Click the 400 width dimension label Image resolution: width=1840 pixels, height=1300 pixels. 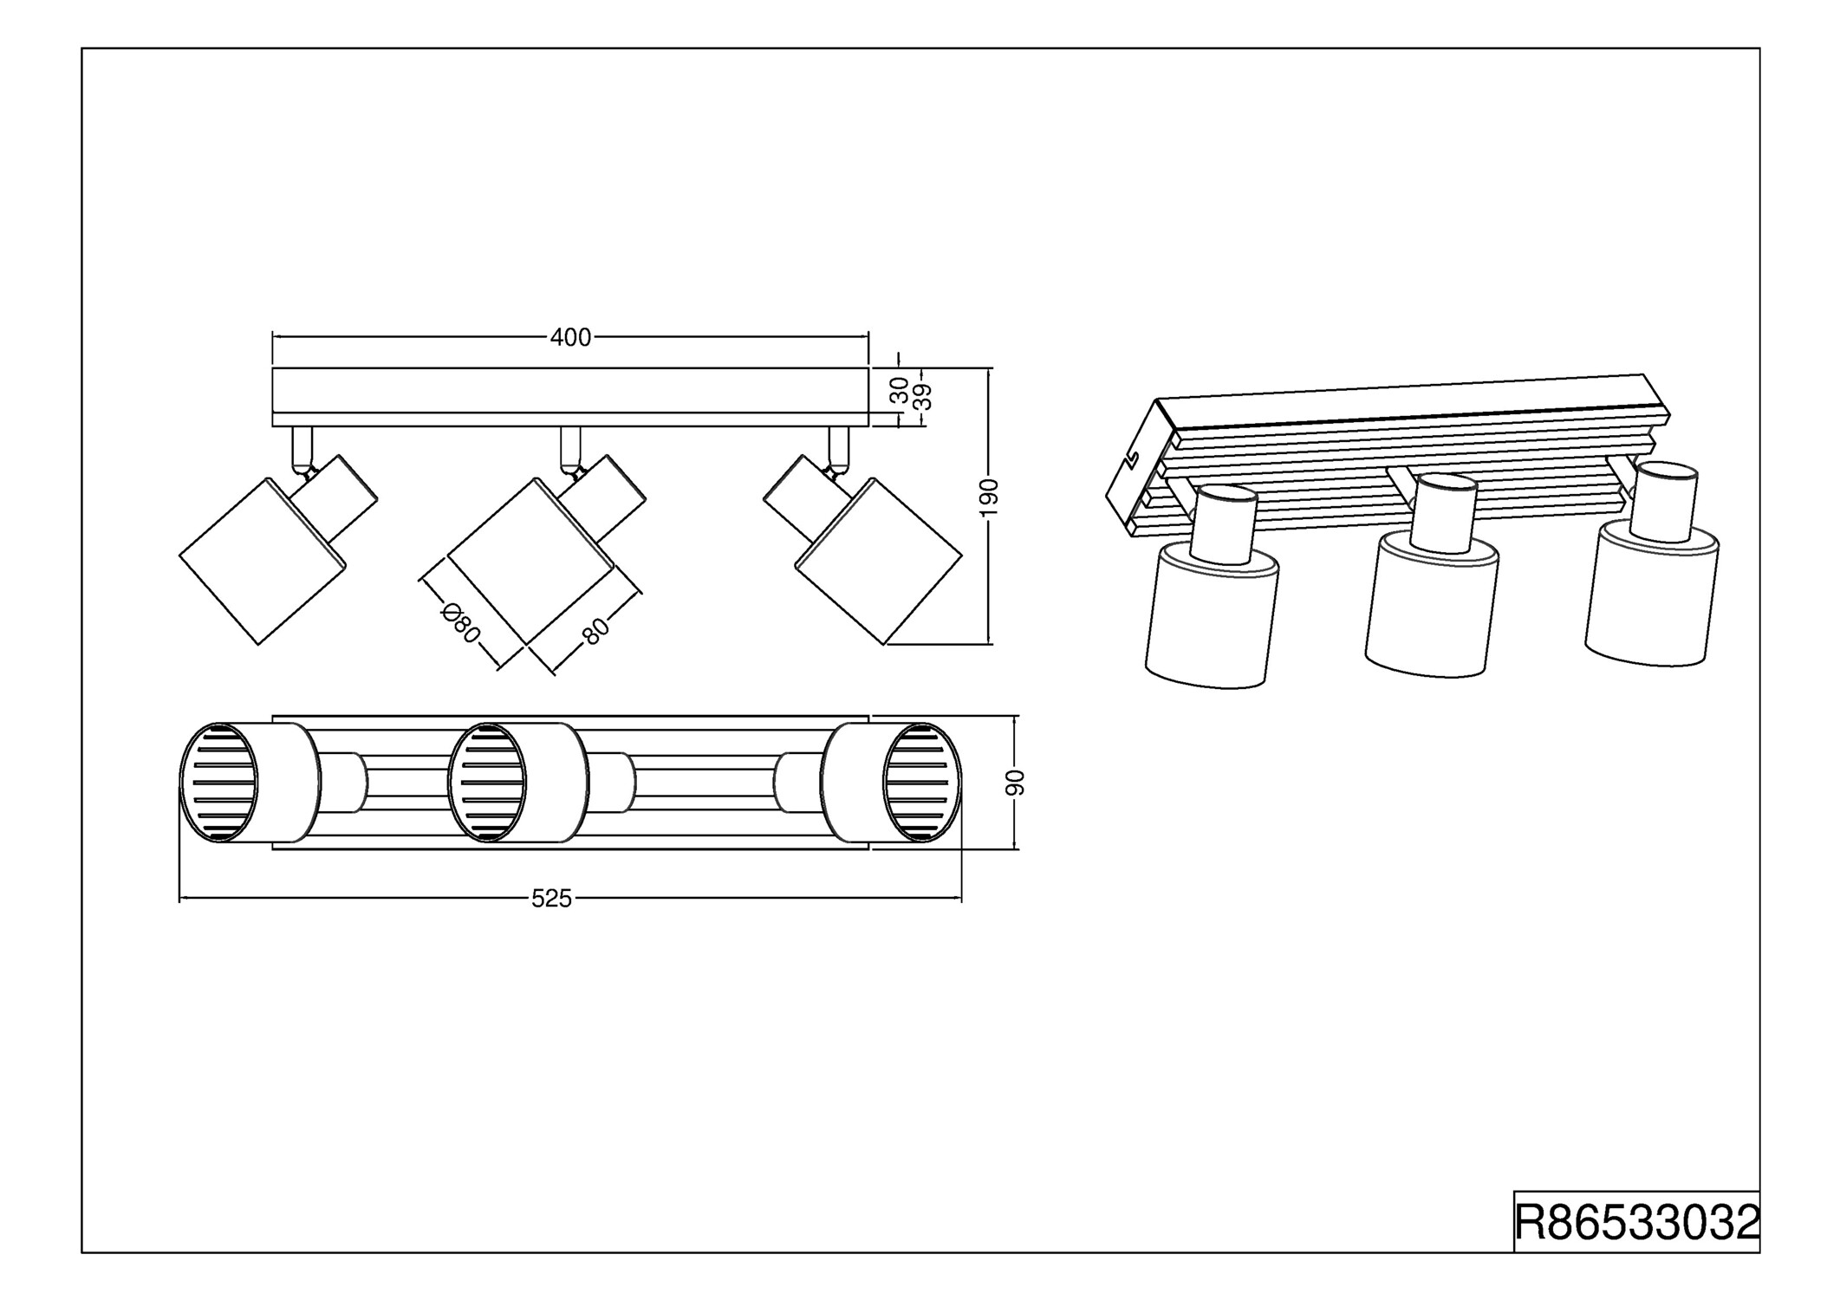point(570,338)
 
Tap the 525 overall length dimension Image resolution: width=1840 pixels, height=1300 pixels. point(552,900)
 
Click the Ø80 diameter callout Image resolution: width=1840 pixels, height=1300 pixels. point(460,623)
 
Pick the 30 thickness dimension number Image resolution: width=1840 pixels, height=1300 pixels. point(900,390)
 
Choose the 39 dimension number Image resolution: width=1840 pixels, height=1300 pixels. point(923,397)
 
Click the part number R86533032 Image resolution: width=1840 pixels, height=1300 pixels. point(1636,1222)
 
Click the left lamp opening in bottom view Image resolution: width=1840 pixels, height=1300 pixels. point(218,783)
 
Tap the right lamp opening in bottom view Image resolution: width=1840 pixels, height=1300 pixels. point(923,783)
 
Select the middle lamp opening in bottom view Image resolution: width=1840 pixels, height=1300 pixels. point(487,783)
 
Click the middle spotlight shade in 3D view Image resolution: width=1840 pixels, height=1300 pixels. point(1432,607)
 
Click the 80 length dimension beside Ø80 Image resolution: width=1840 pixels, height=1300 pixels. point(595,632)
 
